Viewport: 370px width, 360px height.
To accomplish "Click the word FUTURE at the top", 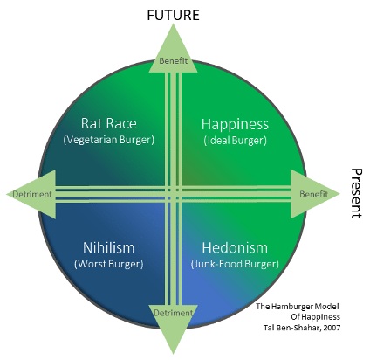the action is (173, 15).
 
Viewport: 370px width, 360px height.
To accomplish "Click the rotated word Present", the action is (356, 193).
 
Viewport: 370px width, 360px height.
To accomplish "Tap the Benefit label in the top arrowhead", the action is (174, 61).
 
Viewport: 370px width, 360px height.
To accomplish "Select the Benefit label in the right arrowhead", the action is (313, 194).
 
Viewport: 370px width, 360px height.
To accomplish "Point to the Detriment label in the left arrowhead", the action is (32, 194).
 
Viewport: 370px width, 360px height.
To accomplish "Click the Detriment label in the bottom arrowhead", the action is (173, 313).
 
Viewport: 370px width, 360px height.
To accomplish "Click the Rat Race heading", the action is (108, 123).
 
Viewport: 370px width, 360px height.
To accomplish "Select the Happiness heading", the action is (235, 124).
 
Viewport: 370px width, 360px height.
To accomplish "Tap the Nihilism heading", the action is (109, 247).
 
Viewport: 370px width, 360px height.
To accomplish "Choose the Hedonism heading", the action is (235, 248).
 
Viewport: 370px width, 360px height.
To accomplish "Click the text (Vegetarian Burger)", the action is (108, 140).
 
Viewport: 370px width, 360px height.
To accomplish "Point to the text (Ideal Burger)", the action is (235, 141).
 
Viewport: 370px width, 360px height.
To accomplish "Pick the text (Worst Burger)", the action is (109, 264).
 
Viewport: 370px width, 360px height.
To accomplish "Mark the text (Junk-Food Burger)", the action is (235, 264).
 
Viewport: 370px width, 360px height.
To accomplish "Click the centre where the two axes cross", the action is (174, 194).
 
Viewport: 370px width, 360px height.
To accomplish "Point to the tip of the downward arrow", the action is (174, 354).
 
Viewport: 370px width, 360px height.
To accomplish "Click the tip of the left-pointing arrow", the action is (6, 194).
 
